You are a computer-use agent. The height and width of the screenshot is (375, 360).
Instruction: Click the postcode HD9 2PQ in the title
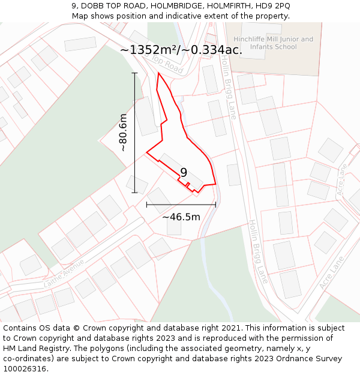click(x=273, y=6)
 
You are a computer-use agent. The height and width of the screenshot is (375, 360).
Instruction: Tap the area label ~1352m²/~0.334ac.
click(x=181, y=50)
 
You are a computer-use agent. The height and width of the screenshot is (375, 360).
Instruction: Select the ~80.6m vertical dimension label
click(x=123, y=132)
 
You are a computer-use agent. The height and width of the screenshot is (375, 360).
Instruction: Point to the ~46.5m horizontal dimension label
click(x=181, y=217)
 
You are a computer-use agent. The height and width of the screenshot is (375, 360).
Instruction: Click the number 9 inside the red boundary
click(x=184, y=173)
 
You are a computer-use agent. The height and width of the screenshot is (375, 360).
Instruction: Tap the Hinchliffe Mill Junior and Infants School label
click(x=273, y=43)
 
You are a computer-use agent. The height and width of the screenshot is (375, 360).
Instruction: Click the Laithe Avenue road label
click(x=64, y=277)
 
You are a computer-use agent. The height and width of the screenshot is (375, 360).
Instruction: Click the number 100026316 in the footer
click(x=25, y=369)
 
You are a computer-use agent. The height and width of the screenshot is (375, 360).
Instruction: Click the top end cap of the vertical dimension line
click(x=134, y=73)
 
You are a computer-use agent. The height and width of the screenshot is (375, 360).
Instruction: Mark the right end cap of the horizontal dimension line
click(x=215, y=205)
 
